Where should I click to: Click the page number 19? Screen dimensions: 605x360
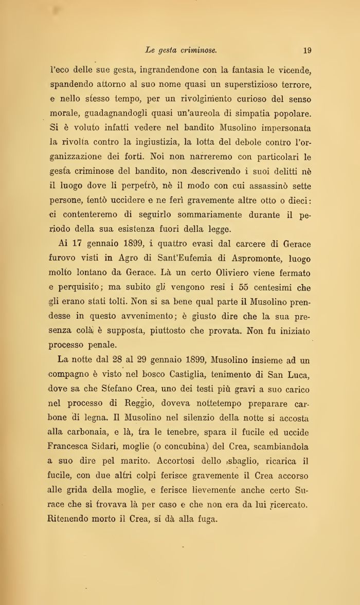tap(308, 50)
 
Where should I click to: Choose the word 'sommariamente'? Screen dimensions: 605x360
tap(199, 215)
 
